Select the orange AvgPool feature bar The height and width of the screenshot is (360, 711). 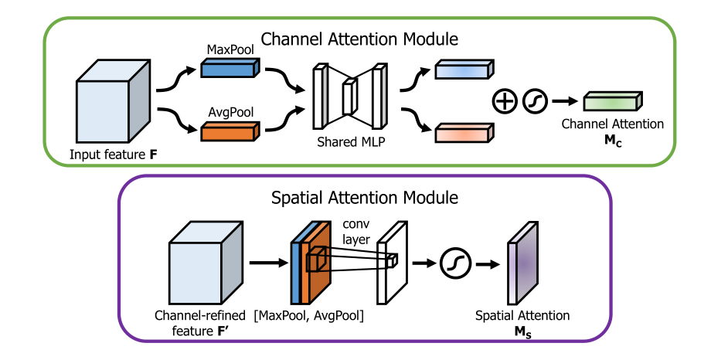point(230,131)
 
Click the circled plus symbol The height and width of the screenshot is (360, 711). point(505,100)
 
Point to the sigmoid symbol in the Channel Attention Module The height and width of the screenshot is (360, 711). point(535,100)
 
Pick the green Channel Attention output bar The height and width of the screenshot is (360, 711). point(613,101)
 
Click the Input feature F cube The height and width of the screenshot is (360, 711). point(113,101)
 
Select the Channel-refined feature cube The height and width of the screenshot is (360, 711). point(206,262)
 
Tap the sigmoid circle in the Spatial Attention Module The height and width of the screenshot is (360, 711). point(455,263)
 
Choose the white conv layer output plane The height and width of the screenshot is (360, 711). point(393,262)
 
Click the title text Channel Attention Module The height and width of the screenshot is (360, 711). point(359,39)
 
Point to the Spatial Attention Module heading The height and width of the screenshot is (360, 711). point(365,198)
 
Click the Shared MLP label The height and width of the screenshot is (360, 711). point(351,142)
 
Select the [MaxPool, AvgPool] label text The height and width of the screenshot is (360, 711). point(309,315)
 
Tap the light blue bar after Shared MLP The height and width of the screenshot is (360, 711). point(464,70)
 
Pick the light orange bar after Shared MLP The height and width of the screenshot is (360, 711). point(464,133)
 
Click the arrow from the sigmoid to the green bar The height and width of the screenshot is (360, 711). point(565,101)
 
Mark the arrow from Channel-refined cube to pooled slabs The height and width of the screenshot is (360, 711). point(269,263)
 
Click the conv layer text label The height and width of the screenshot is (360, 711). point(356,231)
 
